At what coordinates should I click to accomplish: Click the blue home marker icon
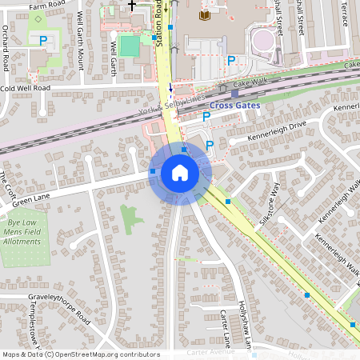coord(180,173)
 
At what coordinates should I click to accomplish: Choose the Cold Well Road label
coord(26,88)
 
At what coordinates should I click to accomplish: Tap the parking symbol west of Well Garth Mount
coord(44,40)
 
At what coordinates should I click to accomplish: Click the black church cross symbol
coord(132,5)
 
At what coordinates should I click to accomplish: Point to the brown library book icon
coord(204,14)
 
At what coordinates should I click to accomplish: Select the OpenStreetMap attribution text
coord(80,354)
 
